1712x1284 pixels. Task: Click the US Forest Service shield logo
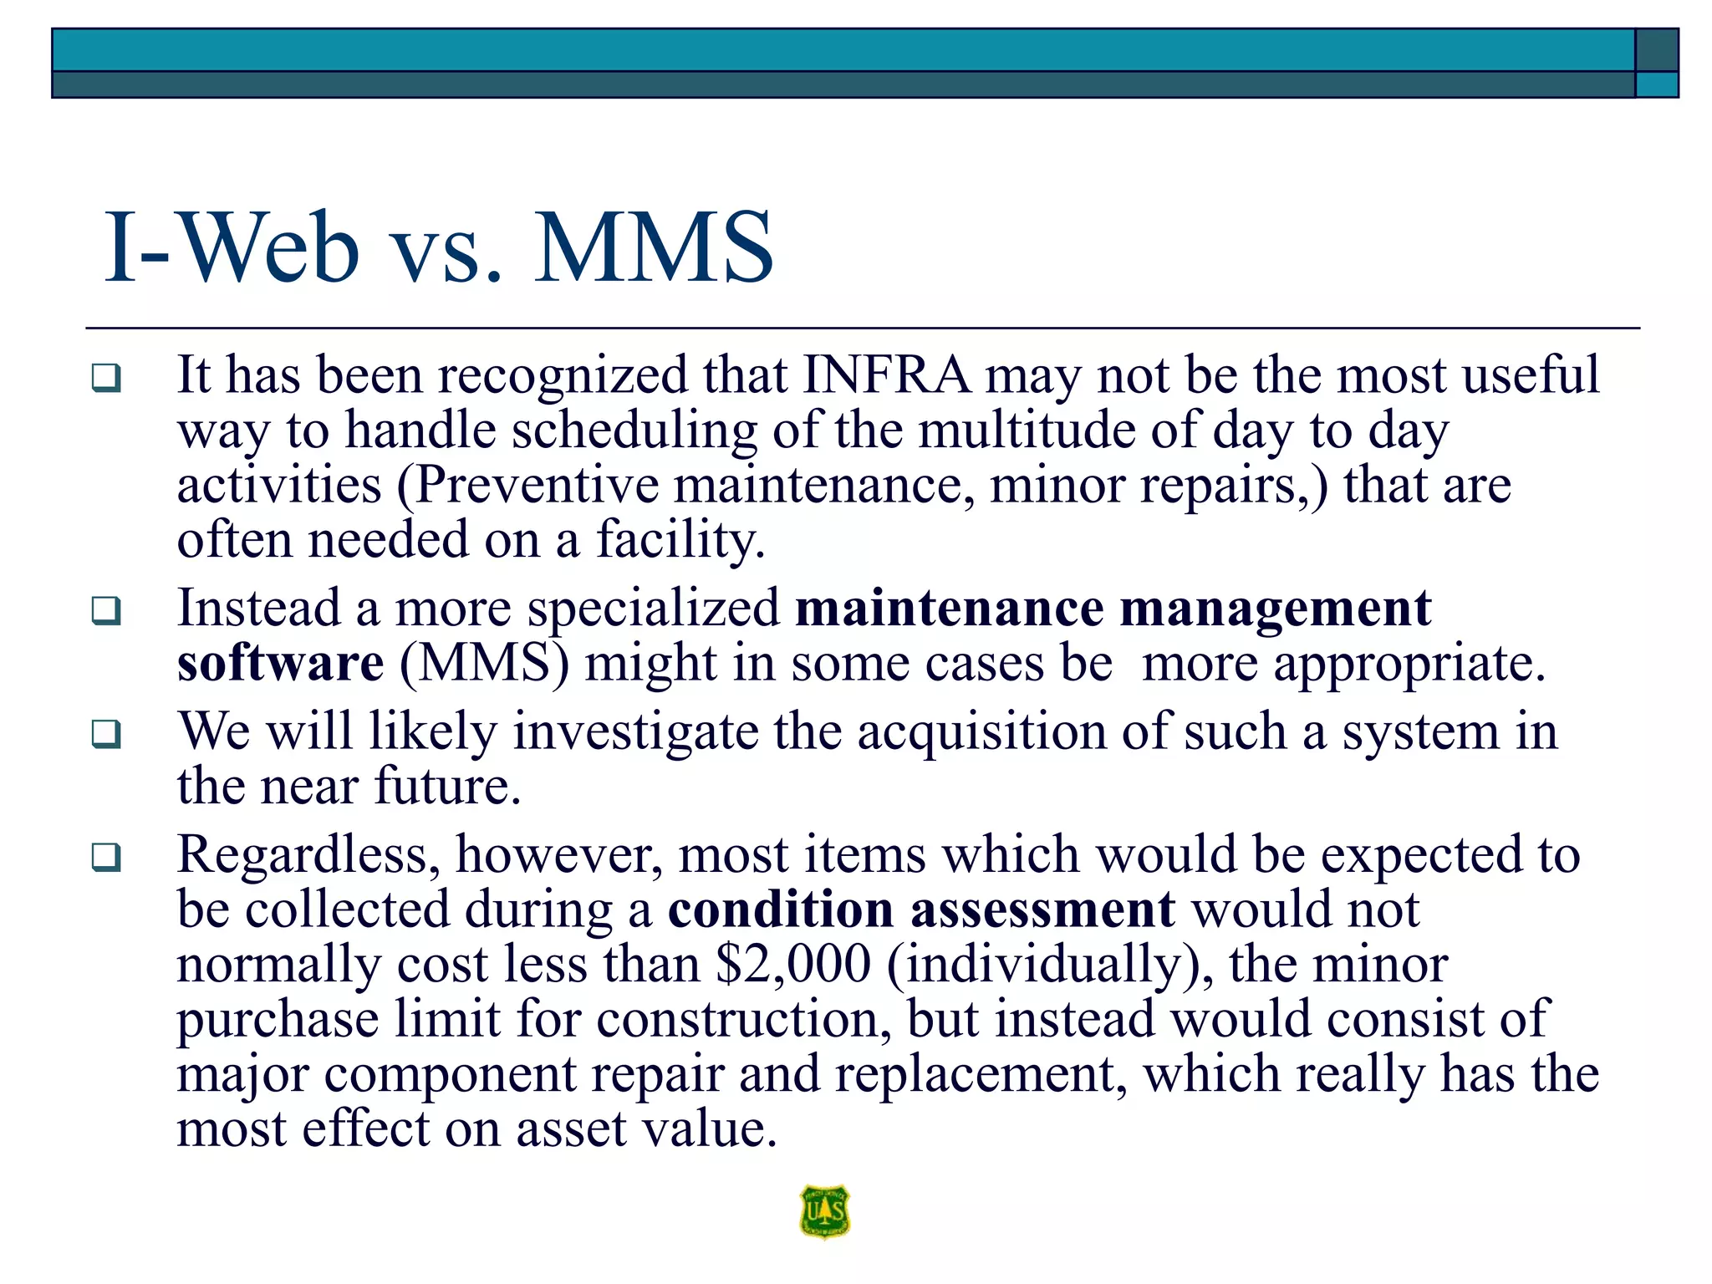click(824, 1211)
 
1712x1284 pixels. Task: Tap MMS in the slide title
click(654, 248)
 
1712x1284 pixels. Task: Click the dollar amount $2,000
click(793, 964)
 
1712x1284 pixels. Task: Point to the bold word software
click(280, 664)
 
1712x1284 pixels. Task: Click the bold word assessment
click(1042, 909)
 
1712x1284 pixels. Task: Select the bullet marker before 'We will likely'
click(106, 734)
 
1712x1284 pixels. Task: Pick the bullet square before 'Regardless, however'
click(106, 857)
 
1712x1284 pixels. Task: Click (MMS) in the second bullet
click(484, 664)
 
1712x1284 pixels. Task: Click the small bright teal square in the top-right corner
click(1656, 84)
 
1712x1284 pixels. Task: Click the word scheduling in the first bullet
click(634, 431)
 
